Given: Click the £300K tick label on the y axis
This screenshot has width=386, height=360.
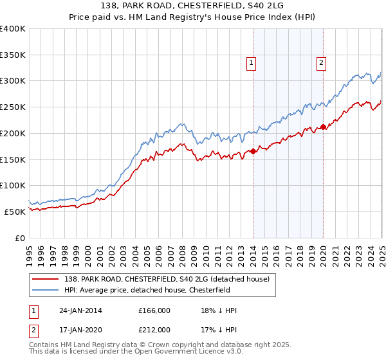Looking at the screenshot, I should coord(12,81).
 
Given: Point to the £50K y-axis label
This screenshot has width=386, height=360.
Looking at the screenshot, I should coord(15,212).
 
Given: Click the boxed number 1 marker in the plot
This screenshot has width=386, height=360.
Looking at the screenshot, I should coord(250,63).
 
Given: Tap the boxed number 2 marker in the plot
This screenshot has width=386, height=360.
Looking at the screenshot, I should coord(320,63).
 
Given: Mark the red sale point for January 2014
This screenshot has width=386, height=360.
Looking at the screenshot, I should coord(253,151).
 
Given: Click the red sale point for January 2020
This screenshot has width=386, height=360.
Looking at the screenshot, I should coord(323,127).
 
